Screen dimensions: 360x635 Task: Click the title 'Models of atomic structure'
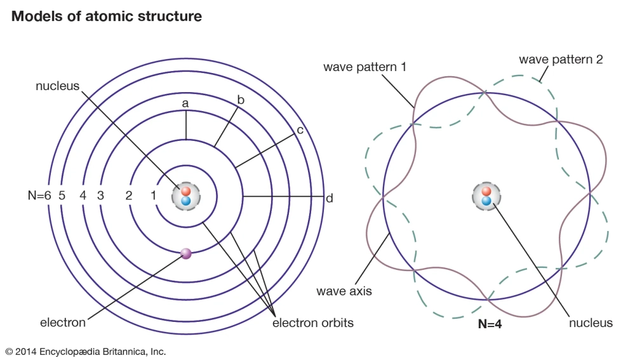(x=107, y=17)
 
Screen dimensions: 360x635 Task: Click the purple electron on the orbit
(x=186, y=253)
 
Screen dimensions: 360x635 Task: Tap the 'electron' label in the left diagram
(x=62, y=323)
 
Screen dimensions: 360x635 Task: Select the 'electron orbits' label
(x=313, y=323)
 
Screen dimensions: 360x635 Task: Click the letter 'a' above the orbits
(x=185, y=102)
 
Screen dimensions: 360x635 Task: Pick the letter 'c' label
(x=300, y=130)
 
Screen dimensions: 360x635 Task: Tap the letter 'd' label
(x=330, y=199)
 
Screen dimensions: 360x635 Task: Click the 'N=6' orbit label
(x=37, y=196)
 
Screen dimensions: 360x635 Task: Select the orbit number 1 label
(x=153, y=196)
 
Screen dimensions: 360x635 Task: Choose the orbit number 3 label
(x=100, y=196)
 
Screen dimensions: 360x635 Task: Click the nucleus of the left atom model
(x=186, y=196)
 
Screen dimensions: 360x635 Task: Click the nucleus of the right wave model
(x=486, y=196)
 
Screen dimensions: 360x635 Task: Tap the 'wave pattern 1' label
(x=364, y=66)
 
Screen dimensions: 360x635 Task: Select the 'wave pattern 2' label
(x=561, y=60)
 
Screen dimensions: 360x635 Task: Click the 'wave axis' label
(x=344, y=291)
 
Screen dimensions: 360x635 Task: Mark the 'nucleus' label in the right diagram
(x=591, y=323)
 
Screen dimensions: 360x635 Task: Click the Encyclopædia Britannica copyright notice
(x=86, y=351)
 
